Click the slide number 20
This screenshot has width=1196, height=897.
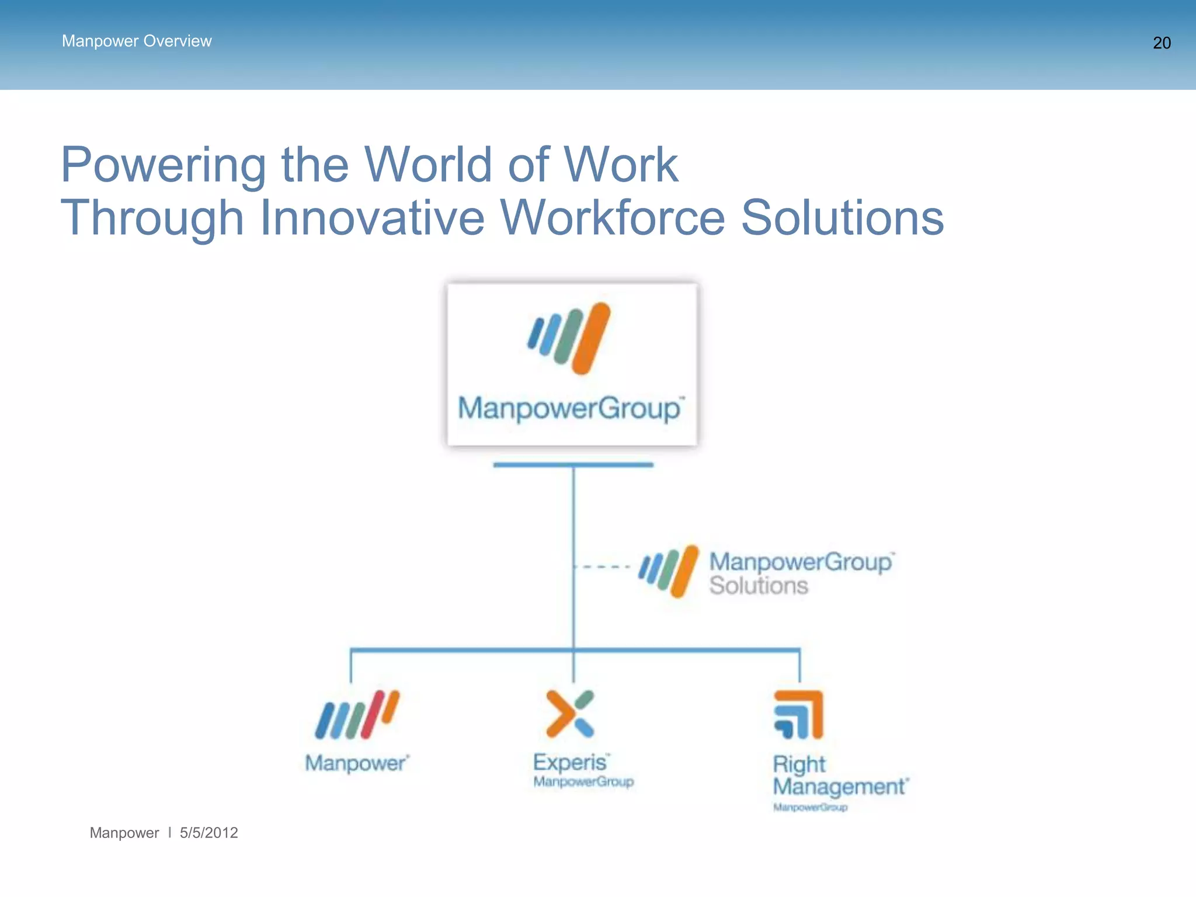tap(1161, 43)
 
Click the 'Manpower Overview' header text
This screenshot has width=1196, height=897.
tap(137, 41)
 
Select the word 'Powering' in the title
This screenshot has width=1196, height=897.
tap(164, 166)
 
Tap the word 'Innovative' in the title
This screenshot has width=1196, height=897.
tap(372, 218)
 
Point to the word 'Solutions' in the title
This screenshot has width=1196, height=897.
tap(842, 218)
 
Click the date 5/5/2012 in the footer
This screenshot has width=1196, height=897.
tap(208, 833)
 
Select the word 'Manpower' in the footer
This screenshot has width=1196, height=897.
tap(124, 833)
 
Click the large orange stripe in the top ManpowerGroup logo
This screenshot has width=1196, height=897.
tap(591, 339)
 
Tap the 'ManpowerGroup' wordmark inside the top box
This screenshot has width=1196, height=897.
tap(569, 408)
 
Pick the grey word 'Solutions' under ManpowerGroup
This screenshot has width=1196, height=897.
tap(758, 586)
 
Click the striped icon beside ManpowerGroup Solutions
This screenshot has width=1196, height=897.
tap(669, 571)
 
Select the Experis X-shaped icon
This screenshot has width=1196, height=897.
tap(570, 714)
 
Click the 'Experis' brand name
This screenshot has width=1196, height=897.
tap(570, 762)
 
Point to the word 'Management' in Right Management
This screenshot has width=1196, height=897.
tap(839, 787)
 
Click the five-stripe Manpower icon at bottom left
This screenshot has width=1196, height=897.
tap(357, 714)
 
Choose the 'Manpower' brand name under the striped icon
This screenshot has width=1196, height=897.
tap(356, 763)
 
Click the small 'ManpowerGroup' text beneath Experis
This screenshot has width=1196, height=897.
tap(583, 782)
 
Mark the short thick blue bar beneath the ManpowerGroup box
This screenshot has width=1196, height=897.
tap(573, 465)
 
